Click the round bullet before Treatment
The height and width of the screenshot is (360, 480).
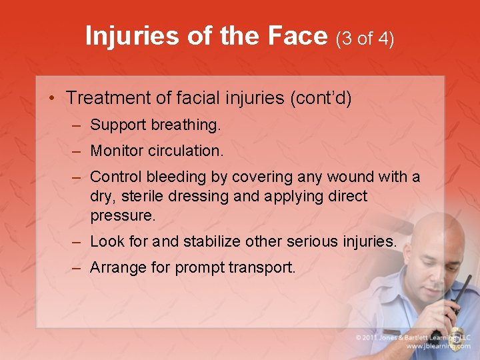click(52, 98)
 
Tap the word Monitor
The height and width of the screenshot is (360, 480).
click(117, 151)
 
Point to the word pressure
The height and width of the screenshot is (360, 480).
click(122, 216)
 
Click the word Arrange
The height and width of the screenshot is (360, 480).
click(116, 267)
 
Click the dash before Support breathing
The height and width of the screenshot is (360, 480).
click(77, 125)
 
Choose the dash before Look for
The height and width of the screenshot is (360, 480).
click(77, 241)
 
